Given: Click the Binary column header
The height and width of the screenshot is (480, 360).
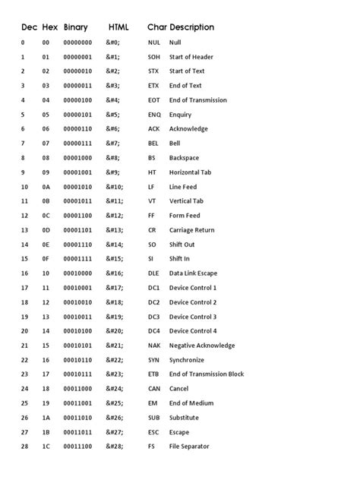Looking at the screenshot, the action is click(x=76, y=27).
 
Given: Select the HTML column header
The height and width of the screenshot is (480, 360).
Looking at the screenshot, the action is click(x=118, y=27).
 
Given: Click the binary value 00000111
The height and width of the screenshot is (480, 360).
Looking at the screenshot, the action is click(x=77, y=144).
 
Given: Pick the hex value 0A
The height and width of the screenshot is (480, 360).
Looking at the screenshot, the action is click(x=46, y=187).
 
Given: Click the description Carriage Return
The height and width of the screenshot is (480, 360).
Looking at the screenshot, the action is click(x=191, y=230).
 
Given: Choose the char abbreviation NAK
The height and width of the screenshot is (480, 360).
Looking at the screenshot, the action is click(x=155, y=346).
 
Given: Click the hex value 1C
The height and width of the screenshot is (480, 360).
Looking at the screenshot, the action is click(x=46, y=447).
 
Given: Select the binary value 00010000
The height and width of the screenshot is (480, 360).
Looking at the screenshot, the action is click(x=77, y=273).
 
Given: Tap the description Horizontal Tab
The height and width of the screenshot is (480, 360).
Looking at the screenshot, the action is click(x=191, y=172).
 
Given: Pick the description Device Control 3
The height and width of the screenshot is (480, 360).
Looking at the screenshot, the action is click(x=193, y=317).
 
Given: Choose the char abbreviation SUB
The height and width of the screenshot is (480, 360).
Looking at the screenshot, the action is click(x=155, y=418).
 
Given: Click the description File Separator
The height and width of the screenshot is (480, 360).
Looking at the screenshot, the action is click(x=189, y=447).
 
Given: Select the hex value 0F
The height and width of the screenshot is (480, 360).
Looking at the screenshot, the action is click(x=46, y=259).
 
